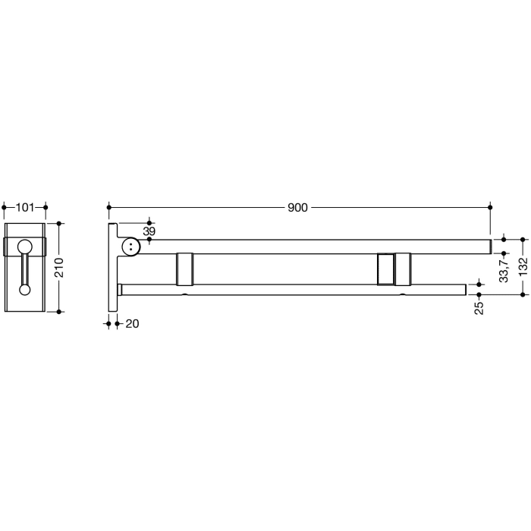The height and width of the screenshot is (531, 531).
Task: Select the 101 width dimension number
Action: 25,206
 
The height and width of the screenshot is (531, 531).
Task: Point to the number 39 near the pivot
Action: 149,231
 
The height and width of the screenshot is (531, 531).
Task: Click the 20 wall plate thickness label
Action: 133,324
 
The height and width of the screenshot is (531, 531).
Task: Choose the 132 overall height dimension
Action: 523,267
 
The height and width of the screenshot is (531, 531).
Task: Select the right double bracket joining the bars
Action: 393,269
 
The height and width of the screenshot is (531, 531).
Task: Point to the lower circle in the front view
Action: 25,288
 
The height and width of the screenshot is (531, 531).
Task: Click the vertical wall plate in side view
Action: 113,267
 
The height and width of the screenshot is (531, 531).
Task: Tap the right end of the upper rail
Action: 488,246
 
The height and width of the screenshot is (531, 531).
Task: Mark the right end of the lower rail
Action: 464,289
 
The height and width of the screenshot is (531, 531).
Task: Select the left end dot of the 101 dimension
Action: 5,206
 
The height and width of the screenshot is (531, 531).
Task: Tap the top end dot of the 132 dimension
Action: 523,239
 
